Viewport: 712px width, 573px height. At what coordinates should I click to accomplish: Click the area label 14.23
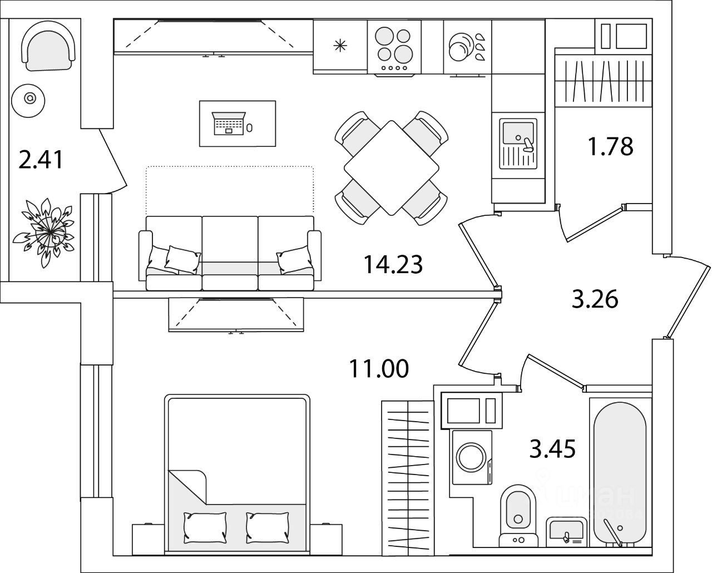click(x=393, y=264)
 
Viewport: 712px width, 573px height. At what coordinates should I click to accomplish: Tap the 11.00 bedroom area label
click(x=378, y=368)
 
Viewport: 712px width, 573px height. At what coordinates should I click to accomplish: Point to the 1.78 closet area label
click(x=610, y=146)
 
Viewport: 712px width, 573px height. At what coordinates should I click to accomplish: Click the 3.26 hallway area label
click(x=595, y=300)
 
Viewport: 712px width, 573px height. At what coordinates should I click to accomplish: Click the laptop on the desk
click(x=229, y=124)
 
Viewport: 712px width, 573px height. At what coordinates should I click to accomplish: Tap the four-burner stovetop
click(x=394, y=45)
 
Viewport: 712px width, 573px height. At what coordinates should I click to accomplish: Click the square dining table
click(x=390, y=168)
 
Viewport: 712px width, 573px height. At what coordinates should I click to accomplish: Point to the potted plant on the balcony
click(x=48, y=228)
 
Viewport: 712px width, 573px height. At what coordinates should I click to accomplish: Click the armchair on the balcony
click(x=48, y=49)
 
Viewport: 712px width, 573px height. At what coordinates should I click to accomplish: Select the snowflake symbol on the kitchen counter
click(x=339, y=45)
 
